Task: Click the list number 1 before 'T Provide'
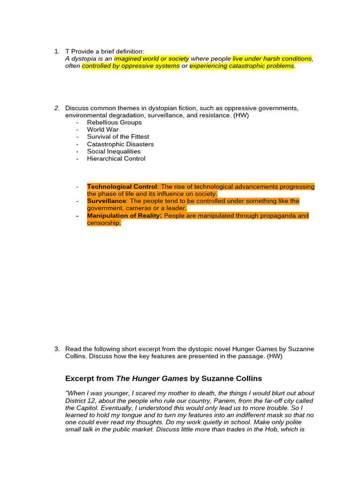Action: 56,51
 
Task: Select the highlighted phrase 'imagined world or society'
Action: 152,59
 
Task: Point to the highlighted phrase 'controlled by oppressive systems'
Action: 131,66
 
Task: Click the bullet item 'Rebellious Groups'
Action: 114,122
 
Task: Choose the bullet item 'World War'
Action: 103,129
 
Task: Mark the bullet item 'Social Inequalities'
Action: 113,151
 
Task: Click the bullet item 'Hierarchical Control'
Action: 116,158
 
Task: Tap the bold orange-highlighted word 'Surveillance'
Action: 106,201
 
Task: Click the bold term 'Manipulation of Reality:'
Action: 124,216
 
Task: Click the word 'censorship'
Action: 103,223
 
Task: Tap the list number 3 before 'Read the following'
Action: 56,349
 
